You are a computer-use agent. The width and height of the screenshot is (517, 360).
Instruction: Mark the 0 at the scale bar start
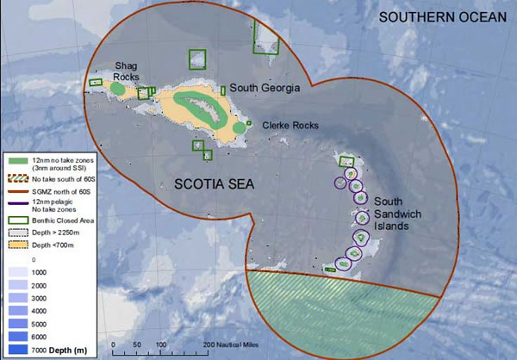[x=115, y=344]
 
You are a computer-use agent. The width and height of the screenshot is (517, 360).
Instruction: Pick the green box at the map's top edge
[x=265, y=38]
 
